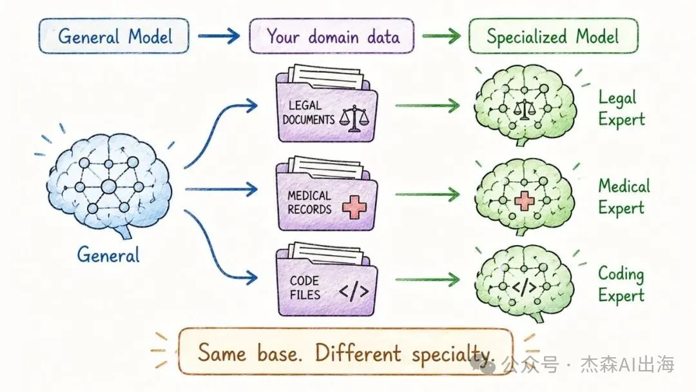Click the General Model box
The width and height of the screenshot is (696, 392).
point(113,36)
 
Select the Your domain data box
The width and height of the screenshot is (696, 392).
point(332,36)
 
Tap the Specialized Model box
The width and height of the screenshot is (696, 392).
point(553,36)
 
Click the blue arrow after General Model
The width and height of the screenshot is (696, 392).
point(219,36)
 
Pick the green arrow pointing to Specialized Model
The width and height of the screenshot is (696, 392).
point(441,36)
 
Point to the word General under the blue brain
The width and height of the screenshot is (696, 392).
point(108,255)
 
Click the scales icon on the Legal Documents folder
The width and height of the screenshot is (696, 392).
point(354,119)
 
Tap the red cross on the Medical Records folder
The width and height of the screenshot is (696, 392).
point(354,207)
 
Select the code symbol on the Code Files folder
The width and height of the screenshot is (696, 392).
point(354,291)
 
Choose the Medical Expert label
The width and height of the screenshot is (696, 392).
point(624,197)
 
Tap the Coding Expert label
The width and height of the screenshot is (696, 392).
point(621,284)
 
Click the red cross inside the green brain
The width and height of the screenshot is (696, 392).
point(524,201)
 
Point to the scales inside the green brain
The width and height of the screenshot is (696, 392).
point(524,110)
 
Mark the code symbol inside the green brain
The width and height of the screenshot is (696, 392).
point(524,287)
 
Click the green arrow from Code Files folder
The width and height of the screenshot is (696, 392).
point(427,280)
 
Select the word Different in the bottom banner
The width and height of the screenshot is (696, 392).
point(358,353)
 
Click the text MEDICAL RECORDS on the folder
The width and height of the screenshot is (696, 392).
point(309,202)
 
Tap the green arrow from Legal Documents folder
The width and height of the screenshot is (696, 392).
point(427,106)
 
